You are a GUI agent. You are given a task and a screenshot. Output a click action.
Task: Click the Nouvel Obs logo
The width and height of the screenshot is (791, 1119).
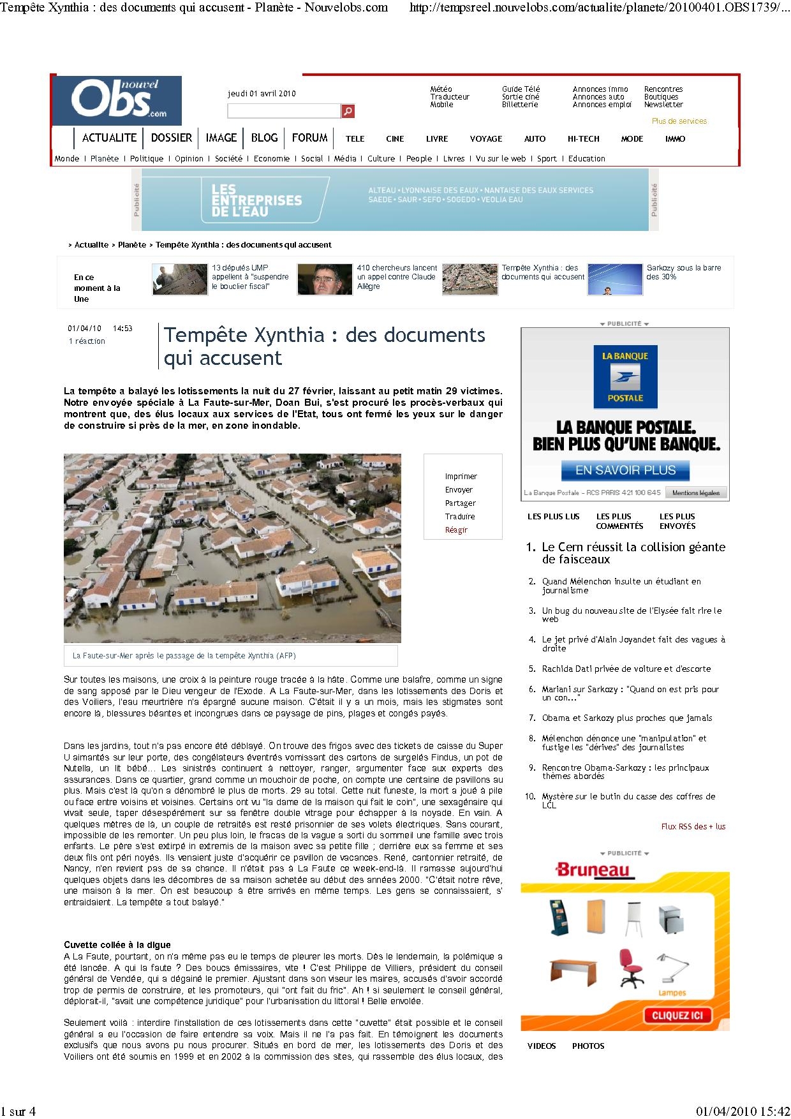(117, 100)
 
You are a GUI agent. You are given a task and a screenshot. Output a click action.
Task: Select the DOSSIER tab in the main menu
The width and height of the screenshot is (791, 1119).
(171, 138)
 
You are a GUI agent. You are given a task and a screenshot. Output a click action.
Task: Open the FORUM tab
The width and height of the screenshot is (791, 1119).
(309, 138)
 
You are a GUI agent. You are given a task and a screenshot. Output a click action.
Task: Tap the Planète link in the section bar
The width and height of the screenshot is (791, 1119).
(104, 159)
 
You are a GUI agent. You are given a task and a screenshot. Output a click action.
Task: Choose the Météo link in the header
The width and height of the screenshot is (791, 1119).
(441, 89)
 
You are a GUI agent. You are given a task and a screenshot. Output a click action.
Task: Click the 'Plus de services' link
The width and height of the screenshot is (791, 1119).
(679, 121)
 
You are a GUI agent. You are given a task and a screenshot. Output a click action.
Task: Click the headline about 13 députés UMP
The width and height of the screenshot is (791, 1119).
(250, 277)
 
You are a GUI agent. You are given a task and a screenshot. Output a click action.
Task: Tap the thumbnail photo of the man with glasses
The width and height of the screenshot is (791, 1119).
(325, 279)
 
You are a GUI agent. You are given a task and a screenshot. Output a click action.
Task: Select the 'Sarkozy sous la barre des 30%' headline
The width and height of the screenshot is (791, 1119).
(683, 272)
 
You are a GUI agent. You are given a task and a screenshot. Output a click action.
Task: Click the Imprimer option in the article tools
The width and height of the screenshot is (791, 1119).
(461, 477)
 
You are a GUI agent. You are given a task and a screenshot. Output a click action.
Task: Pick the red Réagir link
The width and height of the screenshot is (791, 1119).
(456, 530)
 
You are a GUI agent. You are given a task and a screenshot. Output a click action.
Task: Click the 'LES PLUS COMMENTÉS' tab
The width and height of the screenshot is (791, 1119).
(619, 521)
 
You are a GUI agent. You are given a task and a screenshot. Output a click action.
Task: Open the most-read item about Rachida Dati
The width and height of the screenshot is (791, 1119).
(626, 669)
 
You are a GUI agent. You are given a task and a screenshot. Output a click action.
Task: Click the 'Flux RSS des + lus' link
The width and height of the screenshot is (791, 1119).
(693, 826)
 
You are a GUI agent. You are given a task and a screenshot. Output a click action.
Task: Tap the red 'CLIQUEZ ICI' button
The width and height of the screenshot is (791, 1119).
(677, 1015)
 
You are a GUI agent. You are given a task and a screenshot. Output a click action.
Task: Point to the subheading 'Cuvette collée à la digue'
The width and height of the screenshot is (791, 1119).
(117, 945)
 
